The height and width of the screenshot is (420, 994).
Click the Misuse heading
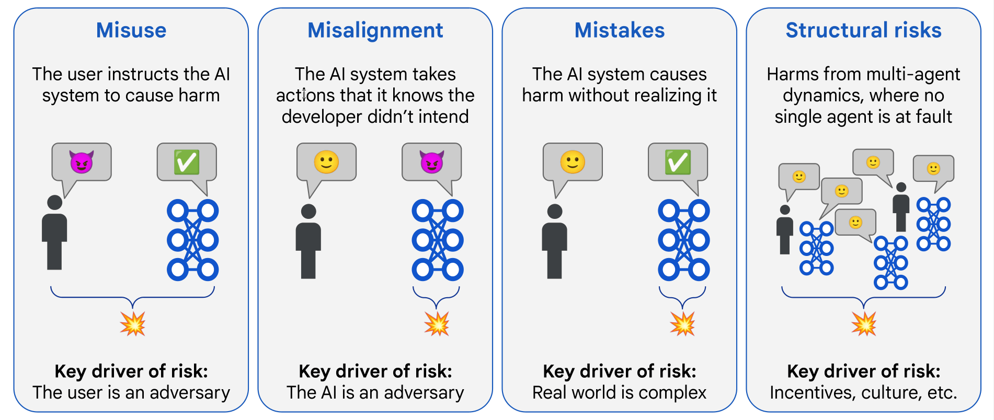[131, 30]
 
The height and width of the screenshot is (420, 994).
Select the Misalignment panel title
[375, 30]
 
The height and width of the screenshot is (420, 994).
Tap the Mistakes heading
[619, 30]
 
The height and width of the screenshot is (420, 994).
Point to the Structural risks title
[863, 30]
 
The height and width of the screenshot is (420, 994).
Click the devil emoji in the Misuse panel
[82, 162]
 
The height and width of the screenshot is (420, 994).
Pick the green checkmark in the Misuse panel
[187, 162]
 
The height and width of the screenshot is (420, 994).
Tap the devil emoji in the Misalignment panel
[431, 162]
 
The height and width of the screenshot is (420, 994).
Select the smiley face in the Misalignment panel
[326, 162]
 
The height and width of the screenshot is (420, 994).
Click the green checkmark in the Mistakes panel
[678, 162]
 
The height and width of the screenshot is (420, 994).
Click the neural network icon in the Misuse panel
[192, 240]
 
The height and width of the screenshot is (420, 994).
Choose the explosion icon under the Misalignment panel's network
[437, 324]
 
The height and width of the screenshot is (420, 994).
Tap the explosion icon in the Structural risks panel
[863, 324]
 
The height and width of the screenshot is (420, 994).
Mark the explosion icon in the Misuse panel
[132, 324]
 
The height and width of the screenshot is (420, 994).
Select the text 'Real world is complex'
[619, 393]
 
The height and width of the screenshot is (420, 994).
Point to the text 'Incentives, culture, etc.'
[863, 393]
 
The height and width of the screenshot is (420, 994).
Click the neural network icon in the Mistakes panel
[683, 240]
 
